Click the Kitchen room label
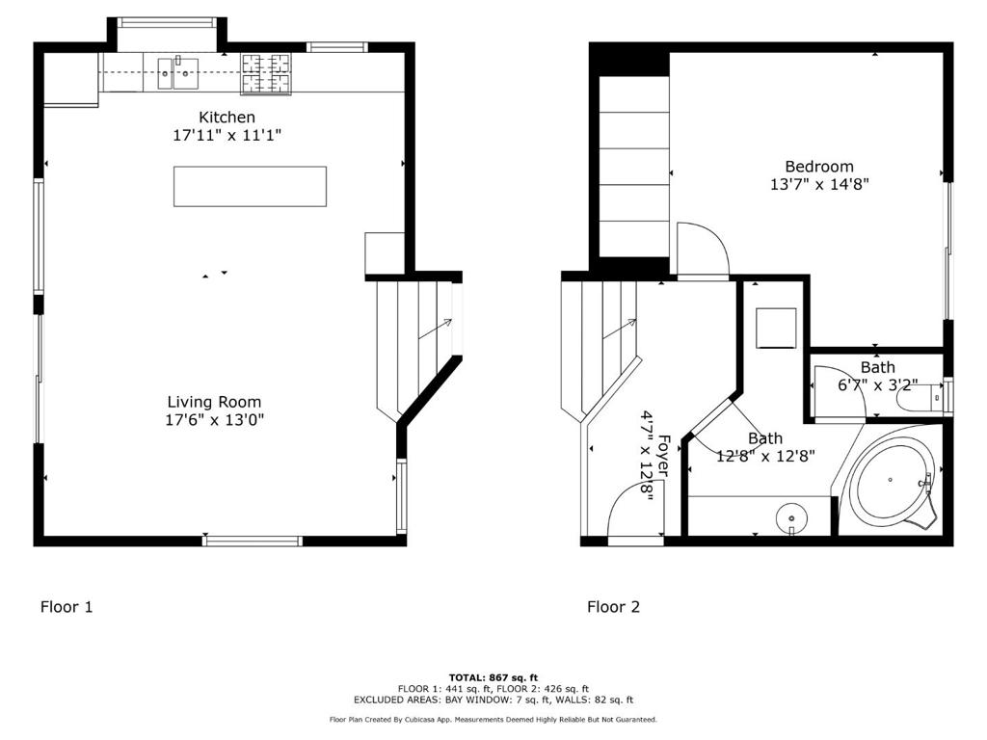(x=227, y=117)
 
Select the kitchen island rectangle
(x=250, y=186)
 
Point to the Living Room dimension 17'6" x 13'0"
(x=214, y=419)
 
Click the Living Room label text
(x=214, y=402)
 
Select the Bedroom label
(x=818, y=167)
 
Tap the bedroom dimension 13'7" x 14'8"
(x=818, y=184)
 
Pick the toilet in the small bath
(x=920, y=396)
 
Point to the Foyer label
(x=663, y=453)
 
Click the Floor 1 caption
(x=67, y=607)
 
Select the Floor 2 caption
(x=613, y=607)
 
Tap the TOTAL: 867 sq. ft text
(x=493, y=677)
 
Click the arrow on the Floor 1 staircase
(x=435, y=329)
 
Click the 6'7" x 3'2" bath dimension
(x=877, y=384)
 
